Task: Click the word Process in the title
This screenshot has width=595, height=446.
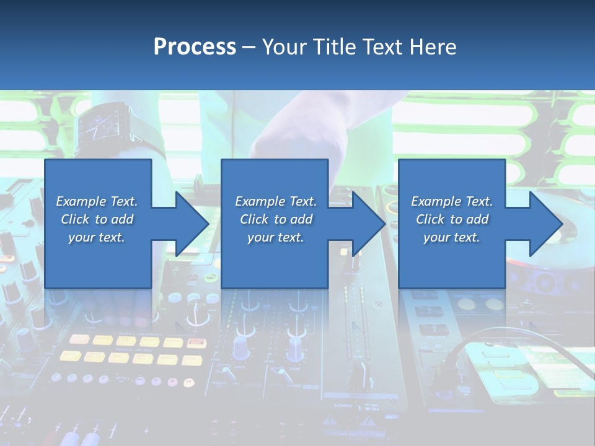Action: (195, 47)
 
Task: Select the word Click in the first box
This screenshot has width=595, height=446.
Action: (75, 219)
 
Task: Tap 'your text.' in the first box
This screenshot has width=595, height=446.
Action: (97, 237)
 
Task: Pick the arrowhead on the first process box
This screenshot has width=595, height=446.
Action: (188, 224)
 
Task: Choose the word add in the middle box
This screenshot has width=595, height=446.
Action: (301, 219)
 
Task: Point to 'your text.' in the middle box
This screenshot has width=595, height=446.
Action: (275, 237)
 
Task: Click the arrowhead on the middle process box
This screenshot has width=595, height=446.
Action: (366, 224)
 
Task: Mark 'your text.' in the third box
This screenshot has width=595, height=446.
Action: (452, 237)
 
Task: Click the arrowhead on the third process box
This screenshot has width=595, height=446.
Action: (543, 224)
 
